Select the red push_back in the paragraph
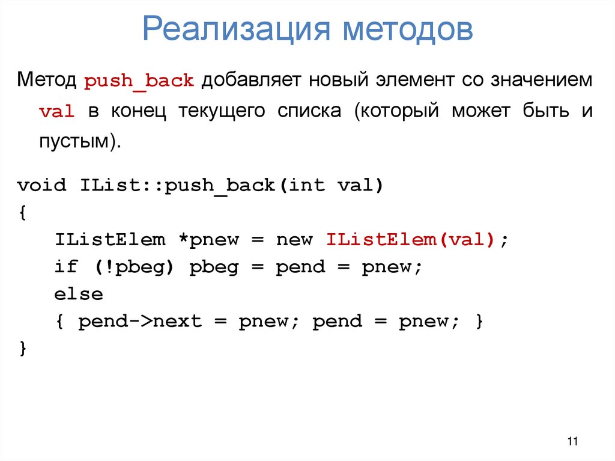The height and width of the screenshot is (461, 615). (x=139, y=81)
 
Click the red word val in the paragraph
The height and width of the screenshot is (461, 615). (x=57, y=112)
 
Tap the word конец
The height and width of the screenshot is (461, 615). (x=136, y=112)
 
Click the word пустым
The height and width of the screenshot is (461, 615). (x=77, y=142)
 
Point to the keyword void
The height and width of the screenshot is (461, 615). (x=42, y=185)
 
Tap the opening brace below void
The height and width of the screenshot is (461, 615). (x=22, y=212)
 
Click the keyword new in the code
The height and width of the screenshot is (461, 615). (x=294, y=240)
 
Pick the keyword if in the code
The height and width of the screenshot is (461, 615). (x=66, y=267)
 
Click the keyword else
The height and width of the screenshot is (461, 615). (x=79, y=295)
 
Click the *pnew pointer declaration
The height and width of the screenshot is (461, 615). (x=208, y=240)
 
